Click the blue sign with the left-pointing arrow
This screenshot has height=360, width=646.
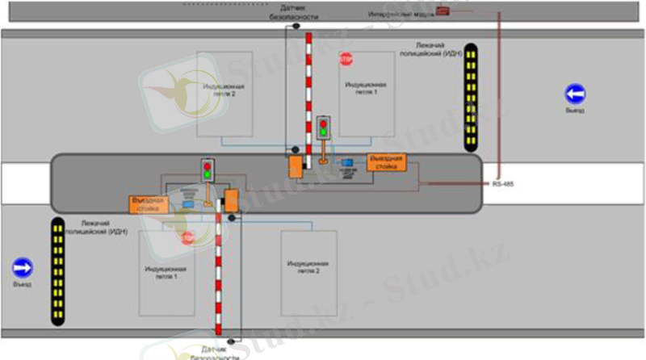575,94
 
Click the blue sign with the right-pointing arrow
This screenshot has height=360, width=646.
23,267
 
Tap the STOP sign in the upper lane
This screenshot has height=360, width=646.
346,60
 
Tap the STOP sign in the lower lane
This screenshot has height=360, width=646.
188,237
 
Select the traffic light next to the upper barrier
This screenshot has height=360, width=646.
324,126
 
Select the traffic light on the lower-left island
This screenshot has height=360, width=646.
208,169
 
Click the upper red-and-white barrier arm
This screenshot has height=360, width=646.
307,89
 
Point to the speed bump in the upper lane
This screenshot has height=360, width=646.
470,97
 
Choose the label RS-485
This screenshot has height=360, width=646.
502,184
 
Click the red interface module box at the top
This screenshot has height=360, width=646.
443,10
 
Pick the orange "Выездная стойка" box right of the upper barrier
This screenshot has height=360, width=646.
385,161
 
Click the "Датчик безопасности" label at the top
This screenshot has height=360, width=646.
290,11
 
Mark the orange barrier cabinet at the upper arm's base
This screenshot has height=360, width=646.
296,167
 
